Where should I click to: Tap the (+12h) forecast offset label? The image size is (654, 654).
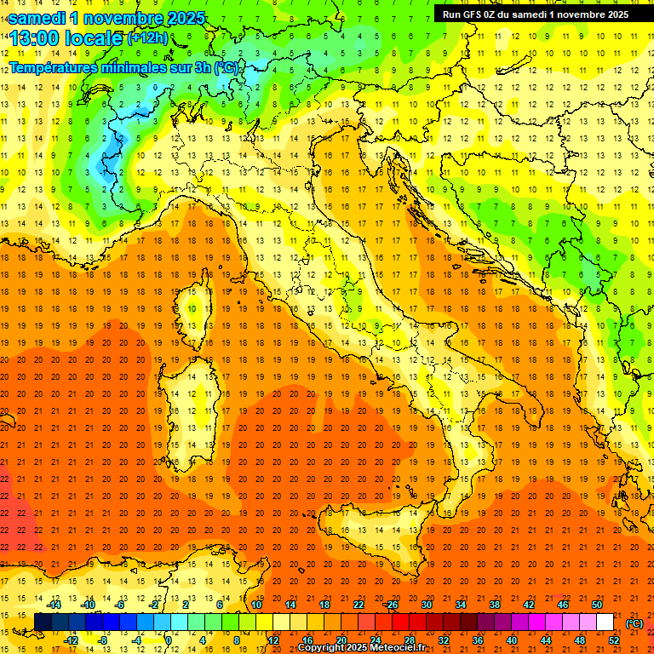(146, 38)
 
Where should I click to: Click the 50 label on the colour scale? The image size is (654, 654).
(596, 605)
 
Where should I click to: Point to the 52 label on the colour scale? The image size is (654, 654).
(614, 640)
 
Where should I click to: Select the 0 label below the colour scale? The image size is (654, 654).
(169, 640)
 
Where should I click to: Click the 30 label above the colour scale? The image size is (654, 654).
(427, 605)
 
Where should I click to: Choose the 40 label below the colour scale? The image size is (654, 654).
(512, 640)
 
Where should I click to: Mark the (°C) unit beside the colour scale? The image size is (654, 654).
(634, 623)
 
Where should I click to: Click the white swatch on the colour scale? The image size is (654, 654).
(605, 622)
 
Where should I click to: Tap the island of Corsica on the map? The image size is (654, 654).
(198, 307)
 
